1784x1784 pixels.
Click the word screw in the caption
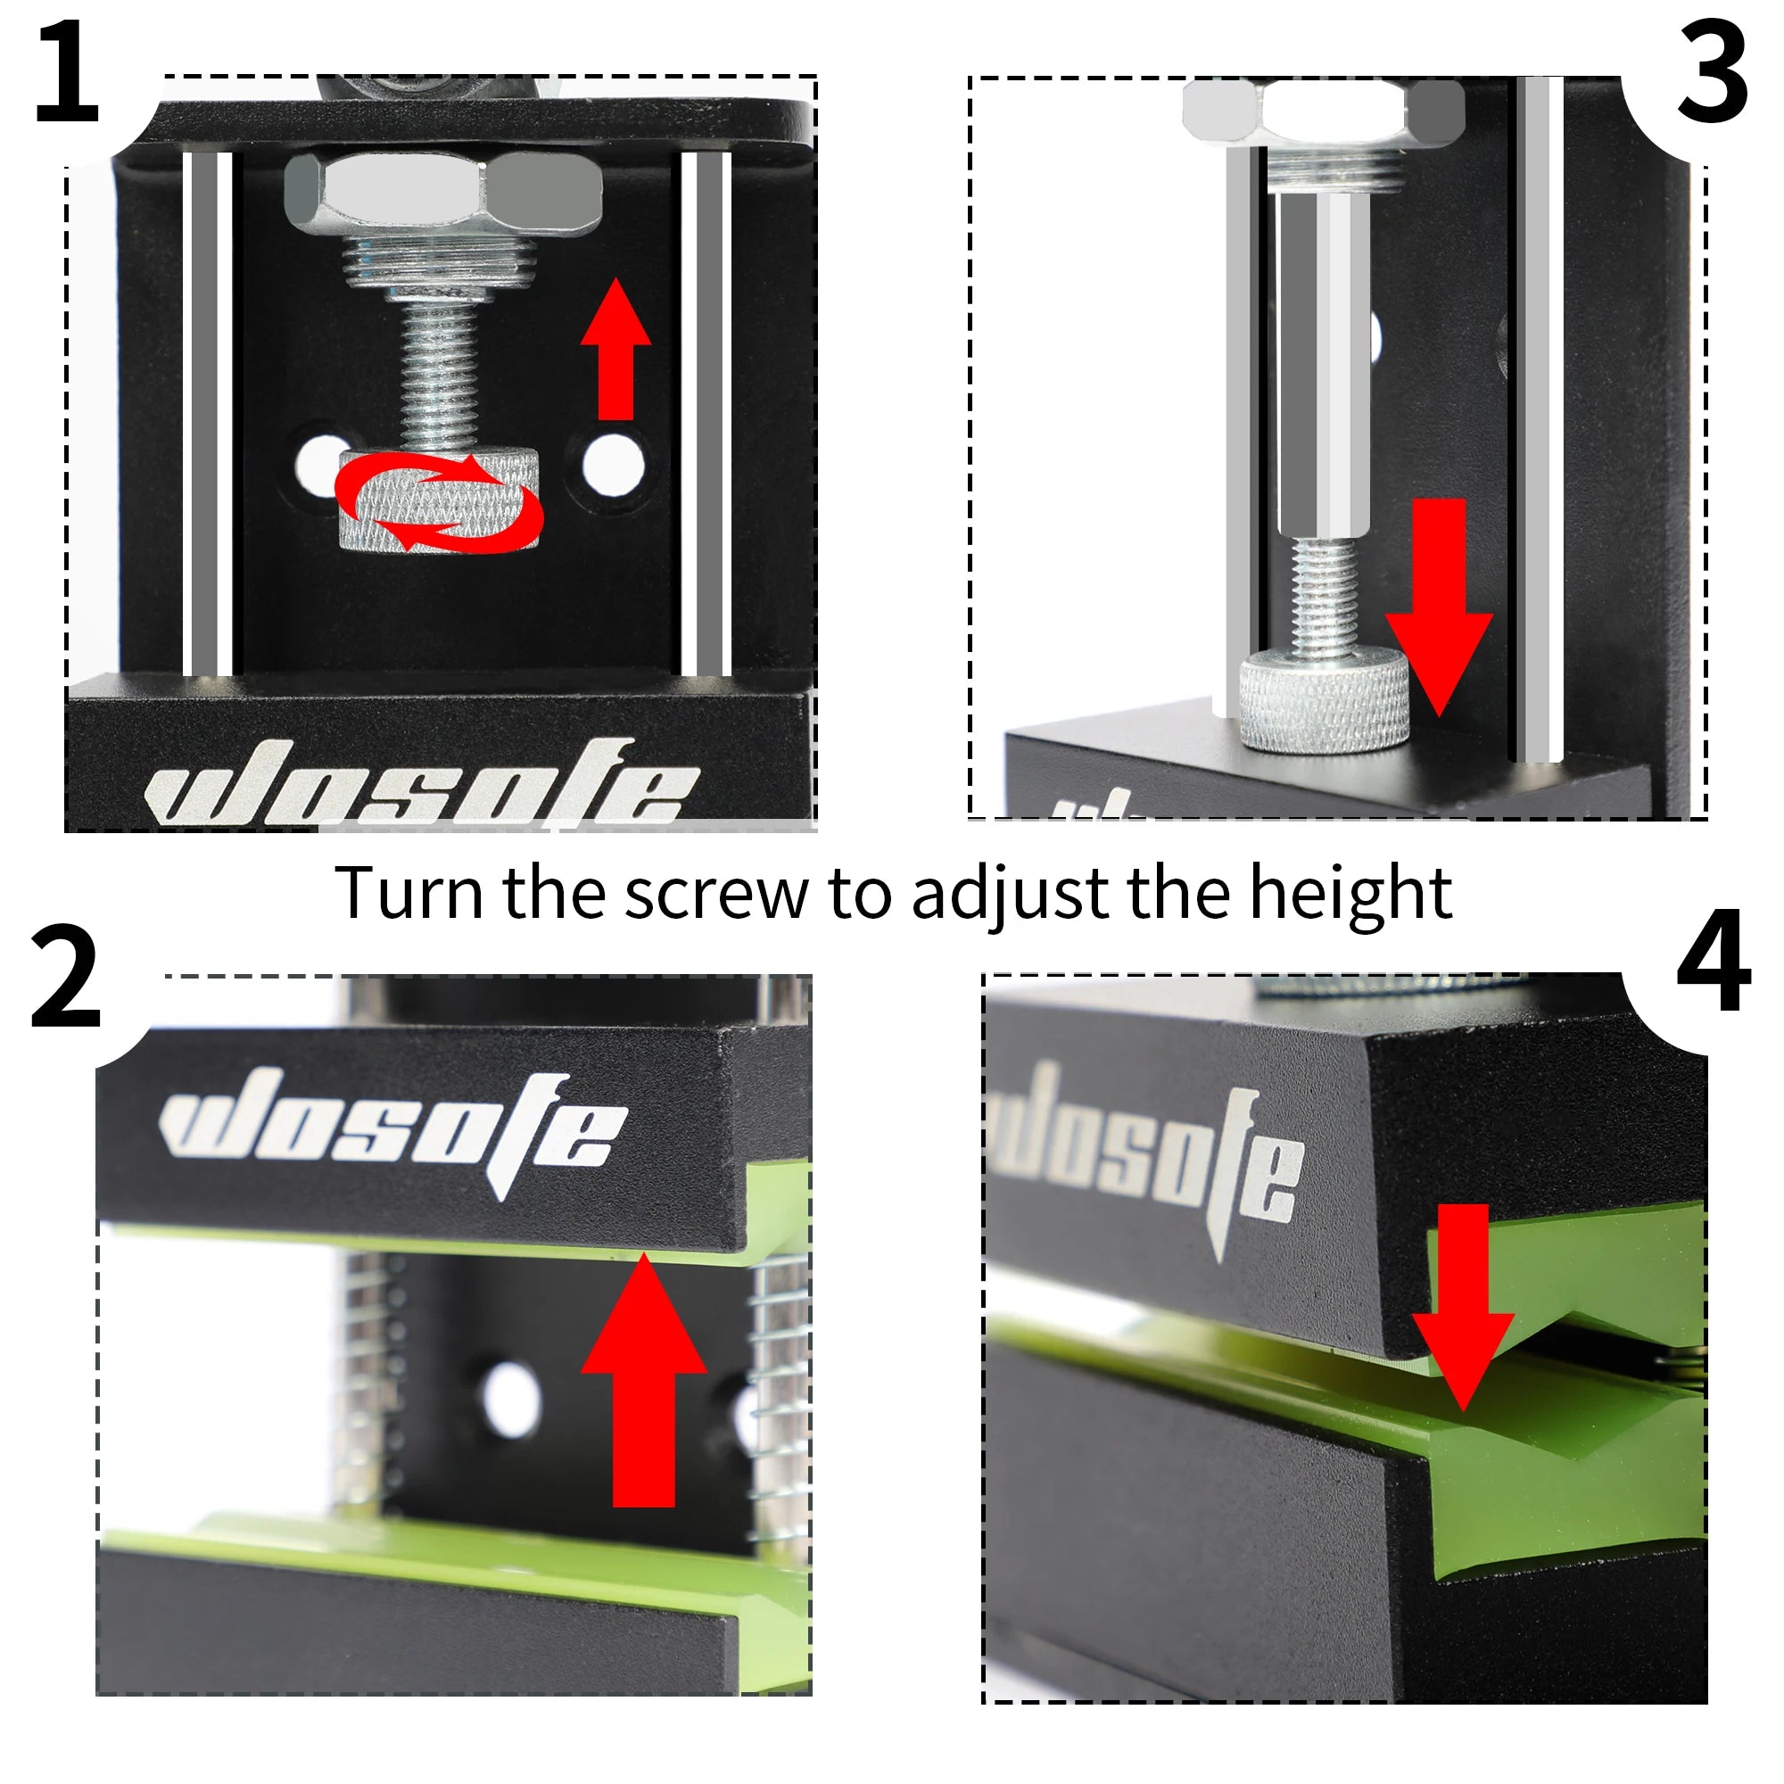(715, 895)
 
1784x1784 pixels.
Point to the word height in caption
(1350, 895)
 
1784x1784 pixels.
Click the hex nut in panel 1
(443, 194)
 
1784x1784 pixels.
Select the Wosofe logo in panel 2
(392, 1131)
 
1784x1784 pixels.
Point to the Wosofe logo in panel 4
(1145, 1159)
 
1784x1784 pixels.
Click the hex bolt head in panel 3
(1322, 111)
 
